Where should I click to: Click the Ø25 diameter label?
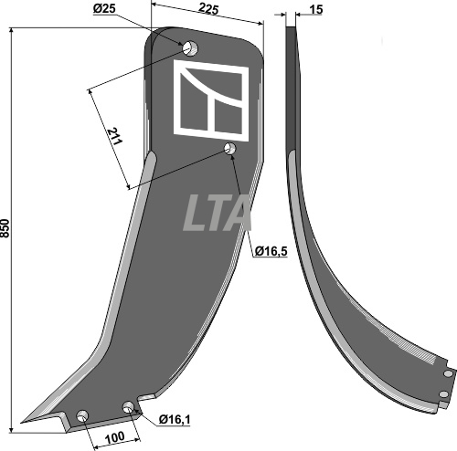click(104, 9)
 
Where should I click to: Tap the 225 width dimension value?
click(209, 9)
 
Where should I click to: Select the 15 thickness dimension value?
click(315, 10)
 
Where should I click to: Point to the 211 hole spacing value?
click(115, 137)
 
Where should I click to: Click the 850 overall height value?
click(5, 228)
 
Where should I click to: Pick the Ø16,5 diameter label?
click(271, 251)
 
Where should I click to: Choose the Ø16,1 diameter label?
click(175, 420)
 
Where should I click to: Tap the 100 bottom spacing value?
click(114, 438)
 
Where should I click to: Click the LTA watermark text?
click(217, 213)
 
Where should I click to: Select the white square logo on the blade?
click(211, 100)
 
